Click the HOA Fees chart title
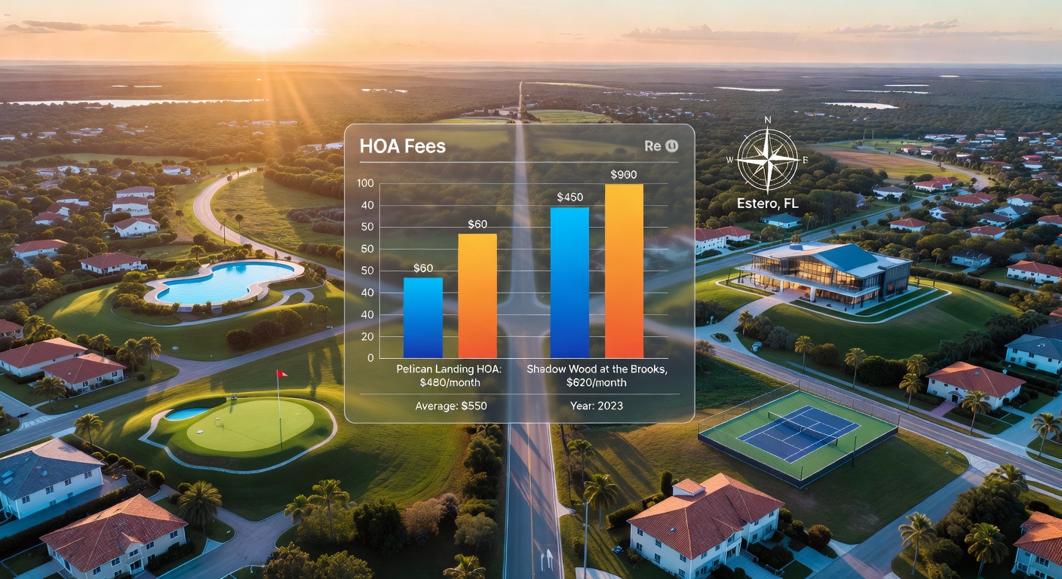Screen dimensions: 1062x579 tap(403, 146)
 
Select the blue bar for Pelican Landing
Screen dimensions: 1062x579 tap(423, 317)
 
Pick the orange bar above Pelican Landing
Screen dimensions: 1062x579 tap(477, 296)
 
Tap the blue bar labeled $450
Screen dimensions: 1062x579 tap(569, 283)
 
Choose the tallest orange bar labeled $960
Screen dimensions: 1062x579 tap(624, 271)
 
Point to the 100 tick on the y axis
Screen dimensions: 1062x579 tap(365, 183)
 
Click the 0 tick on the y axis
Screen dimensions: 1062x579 tap(370, 358)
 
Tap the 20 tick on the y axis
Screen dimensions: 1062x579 tap(368, 336)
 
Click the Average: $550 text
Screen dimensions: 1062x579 tap(451, 406)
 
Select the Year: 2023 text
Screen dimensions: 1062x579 tap(597, 406)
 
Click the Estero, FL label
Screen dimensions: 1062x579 tap(768, 204)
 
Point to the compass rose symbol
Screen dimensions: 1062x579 tap(768, 159)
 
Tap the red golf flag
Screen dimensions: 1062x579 tap(281, 374)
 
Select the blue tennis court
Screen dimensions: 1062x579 tap(799, 433)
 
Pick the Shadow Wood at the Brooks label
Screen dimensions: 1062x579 tap(597, 369)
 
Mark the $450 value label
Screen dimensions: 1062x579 tap(570, 197)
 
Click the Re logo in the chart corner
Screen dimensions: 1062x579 tap(661, 146)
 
